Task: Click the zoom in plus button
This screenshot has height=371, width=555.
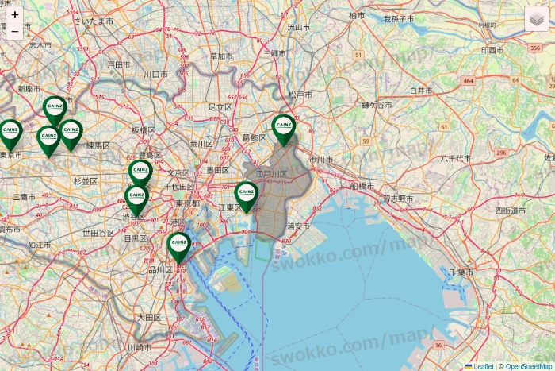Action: (15, 14)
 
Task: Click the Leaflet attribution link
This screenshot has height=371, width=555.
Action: (482, 366)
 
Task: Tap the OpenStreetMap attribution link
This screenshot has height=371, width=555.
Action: (529, 366)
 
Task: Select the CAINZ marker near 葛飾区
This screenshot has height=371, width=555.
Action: (283, 129)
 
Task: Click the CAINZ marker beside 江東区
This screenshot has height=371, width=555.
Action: (247, 195)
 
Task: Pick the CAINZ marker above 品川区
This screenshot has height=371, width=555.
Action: (179, 245)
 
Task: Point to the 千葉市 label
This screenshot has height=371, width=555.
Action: (461, 272)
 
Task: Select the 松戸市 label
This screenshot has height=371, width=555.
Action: (300, 95)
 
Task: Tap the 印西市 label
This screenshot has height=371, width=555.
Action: (492, 49)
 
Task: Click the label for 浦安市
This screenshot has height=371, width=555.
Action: (298, 226)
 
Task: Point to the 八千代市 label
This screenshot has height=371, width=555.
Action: (456, 158)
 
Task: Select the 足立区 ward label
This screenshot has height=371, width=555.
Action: (220, 106)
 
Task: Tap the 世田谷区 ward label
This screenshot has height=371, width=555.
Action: (99, 233)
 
